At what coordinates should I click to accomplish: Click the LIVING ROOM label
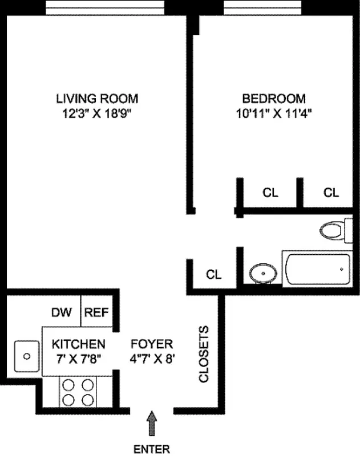(97, 98)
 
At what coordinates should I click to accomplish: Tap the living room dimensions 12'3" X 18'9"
(97, 113)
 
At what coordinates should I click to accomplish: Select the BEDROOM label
(273, 98)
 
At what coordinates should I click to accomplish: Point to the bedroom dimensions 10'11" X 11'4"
(273, 113)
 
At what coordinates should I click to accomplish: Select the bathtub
(317, 271)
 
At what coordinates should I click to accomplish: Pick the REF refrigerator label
(96, 312)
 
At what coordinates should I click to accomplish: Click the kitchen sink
(26, 356)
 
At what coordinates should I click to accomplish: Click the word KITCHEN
(78, 344)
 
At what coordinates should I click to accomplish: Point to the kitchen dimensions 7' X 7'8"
(78, 359)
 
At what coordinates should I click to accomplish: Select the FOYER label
(151, 344)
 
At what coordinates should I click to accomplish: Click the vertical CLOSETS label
(204, 354)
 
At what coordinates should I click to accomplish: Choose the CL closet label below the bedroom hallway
(214, 275)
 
